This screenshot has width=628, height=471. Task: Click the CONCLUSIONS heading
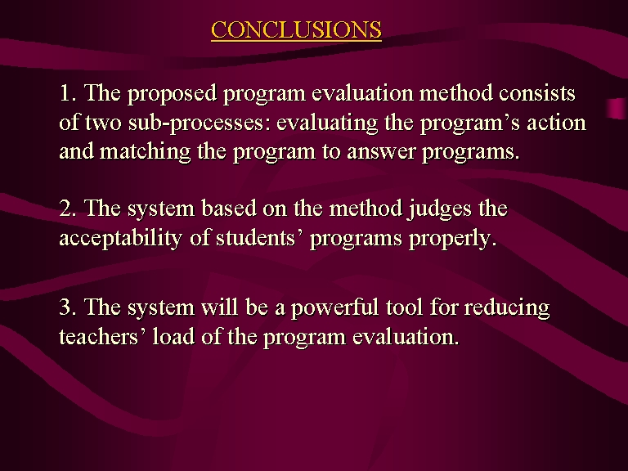tap(296, 29)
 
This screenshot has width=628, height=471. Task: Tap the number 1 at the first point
tap(65, 93)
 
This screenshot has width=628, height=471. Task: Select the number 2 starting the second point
tap(65, 209)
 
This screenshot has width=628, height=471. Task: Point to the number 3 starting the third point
tap(65, 307)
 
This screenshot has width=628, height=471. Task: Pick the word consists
tap(537, 93)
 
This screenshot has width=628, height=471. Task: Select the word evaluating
tap(327, 123)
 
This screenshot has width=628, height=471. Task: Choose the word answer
tap(381, 152)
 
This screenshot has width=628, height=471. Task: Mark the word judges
tap(439, 209)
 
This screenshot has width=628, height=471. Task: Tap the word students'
tap(258, 237)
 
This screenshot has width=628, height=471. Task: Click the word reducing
tap(507, 308)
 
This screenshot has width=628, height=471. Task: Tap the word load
tap(173, 336)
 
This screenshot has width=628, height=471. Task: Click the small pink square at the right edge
tap(617, 108)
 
